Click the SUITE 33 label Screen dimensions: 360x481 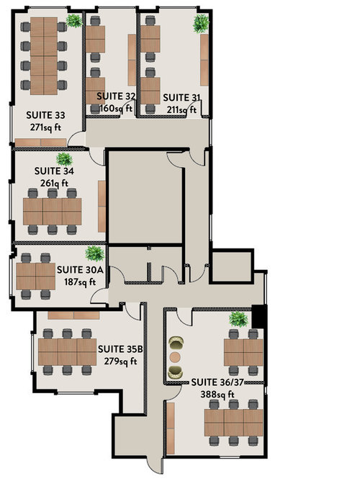click(x=45, y=115)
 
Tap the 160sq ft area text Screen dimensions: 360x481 click(x=116, y=108)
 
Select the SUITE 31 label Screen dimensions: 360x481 click(x=181, y=97)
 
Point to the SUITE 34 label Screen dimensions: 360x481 click(x=54, y=171)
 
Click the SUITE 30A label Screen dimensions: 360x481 click(x=80, y=269)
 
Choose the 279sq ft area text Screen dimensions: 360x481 click(x=120, y=361)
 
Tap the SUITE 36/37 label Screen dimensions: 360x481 click(x=217, y=382)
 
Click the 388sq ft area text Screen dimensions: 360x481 click(x=217, y=394)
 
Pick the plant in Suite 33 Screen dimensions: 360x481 click(x=74, y=21)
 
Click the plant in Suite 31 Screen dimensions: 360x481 click(x=201, y=24)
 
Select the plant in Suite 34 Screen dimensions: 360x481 click(x=64, y=159)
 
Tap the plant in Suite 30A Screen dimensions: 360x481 click(x=95, y=253)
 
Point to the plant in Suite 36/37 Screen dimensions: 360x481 click(x=238, y=319)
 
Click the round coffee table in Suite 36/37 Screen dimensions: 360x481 click(x=175, y=356)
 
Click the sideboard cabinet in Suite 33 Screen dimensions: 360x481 click(x=40, y=143)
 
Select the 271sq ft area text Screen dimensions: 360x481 click(x=45, y=127)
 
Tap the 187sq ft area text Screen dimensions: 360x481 click(x=80, y=282)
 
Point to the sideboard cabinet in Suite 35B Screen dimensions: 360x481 click(x=73, y=315)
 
